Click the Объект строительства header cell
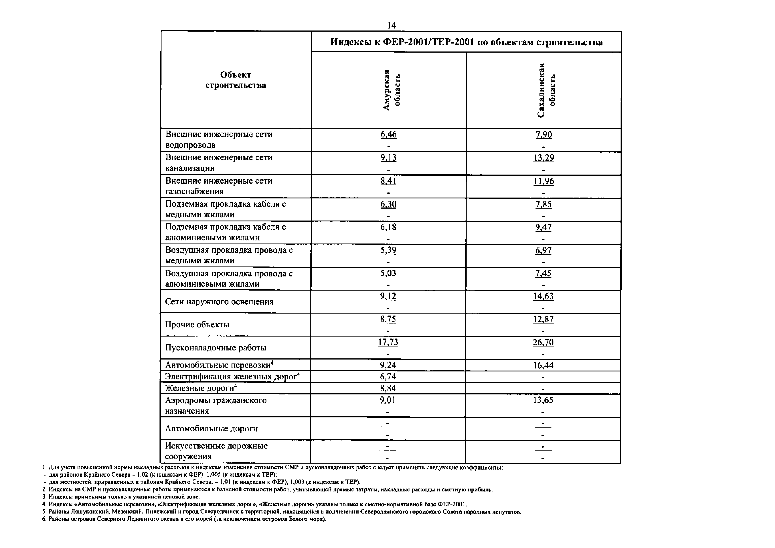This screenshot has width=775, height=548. [236, 80]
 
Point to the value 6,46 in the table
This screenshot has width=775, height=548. [389, 134]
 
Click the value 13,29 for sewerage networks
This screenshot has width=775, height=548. [543, 158]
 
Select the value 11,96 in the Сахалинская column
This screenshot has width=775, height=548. [543, 181]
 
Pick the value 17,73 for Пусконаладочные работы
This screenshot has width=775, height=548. [388, 342]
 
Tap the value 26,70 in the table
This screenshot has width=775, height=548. [543, 342]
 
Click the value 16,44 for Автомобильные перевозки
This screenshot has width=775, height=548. [543, 365]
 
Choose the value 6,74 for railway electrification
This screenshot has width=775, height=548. [388, 377]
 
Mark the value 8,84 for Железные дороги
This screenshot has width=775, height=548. [388, 388]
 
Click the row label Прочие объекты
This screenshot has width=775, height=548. [197, 324]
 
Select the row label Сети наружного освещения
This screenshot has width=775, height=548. [219, 302]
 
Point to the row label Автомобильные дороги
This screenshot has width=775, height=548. [211, 428]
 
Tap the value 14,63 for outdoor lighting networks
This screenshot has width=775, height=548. [543, 296]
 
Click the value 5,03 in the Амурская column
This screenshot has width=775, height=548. [388, 273]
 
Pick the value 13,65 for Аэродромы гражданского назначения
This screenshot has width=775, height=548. [543, 400]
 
